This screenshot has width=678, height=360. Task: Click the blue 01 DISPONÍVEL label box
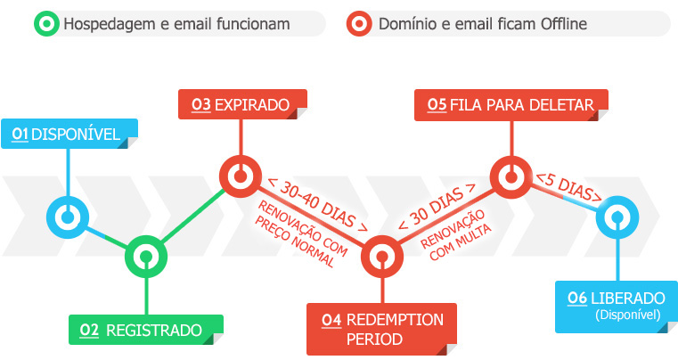69,134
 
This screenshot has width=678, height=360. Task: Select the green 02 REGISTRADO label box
146,330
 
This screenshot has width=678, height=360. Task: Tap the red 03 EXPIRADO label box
242,104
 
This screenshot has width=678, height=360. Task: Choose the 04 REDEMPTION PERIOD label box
381,329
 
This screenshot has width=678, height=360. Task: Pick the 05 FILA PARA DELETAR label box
511,105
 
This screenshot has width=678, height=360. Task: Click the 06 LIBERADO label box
617,307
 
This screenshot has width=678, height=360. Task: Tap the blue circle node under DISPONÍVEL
68,217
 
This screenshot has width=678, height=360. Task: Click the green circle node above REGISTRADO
146,257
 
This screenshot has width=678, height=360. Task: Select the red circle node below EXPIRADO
241,176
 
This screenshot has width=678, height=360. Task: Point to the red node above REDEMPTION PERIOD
382,257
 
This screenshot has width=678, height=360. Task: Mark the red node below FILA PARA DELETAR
511,177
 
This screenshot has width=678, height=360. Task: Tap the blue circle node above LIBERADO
617,217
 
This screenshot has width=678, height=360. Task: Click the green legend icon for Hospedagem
46,23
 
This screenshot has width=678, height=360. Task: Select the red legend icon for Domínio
359,23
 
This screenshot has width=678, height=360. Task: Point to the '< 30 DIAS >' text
437,207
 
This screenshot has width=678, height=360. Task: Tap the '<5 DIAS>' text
569,187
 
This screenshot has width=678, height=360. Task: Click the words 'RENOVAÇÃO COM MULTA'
456,235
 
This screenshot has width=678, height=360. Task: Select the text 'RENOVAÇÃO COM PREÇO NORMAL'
301,233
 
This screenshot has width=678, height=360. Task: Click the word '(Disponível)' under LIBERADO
628,315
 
